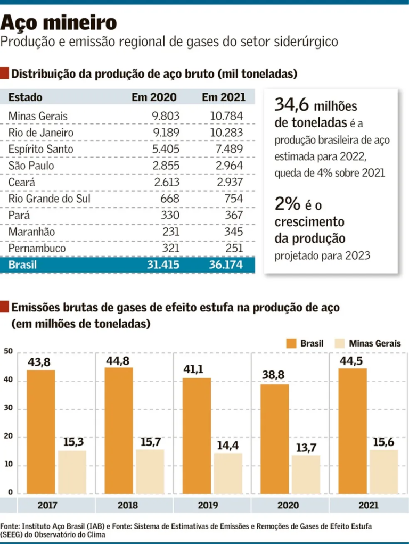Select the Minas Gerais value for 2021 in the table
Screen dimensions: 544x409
coord(226,116)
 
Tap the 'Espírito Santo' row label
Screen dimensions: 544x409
coord(41,149)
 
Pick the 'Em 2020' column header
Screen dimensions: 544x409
coord(154,97)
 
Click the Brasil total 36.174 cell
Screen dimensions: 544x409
coord(223,265)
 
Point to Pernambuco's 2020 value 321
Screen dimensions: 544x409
coord(170,249)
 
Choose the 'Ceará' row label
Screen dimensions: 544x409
coord(22,182)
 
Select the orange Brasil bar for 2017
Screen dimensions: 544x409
coord(41,431)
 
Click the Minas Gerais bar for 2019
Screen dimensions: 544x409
coord(227,473)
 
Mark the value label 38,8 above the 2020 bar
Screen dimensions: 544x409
coord(275,375)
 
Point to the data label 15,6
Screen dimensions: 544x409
coord(383,441)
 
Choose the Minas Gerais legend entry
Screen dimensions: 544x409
coord(367,343)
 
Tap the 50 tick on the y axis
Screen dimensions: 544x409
coord(8,352)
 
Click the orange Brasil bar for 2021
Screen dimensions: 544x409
coord(352,431)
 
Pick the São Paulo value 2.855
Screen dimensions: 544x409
coord(166,166)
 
